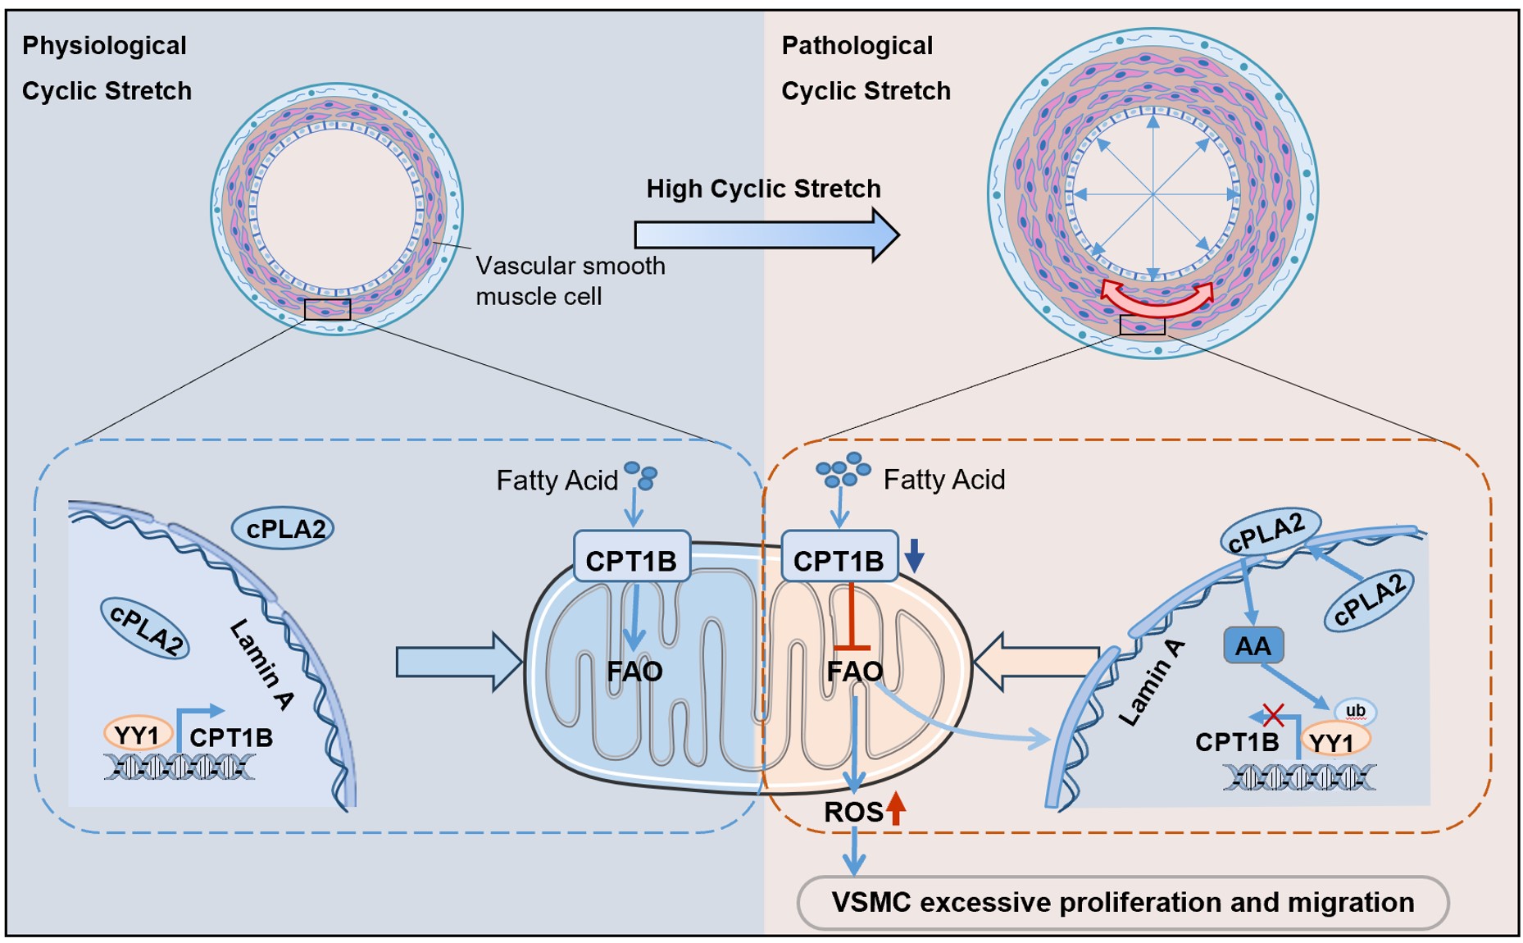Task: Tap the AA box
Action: coord(1252,646)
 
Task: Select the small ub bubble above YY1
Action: coord(1355,711)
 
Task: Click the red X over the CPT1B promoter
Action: coord(1273,715)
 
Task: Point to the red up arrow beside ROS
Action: coord(896,809)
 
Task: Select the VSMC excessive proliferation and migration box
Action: coord(1123,903)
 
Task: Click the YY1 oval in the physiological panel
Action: coord(138,735)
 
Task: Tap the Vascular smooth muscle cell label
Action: coord(571,280)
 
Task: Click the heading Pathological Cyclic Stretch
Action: coord(866,68)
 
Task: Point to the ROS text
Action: coord(853,813)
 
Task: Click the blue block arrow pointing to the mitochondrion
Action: coord(459,662)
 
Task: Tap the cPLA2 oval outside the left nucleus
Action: coord(284,529)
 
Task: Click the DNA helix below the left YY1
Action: coord(180,768)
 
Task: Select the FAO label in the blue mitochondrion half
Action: coord(634,672)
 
